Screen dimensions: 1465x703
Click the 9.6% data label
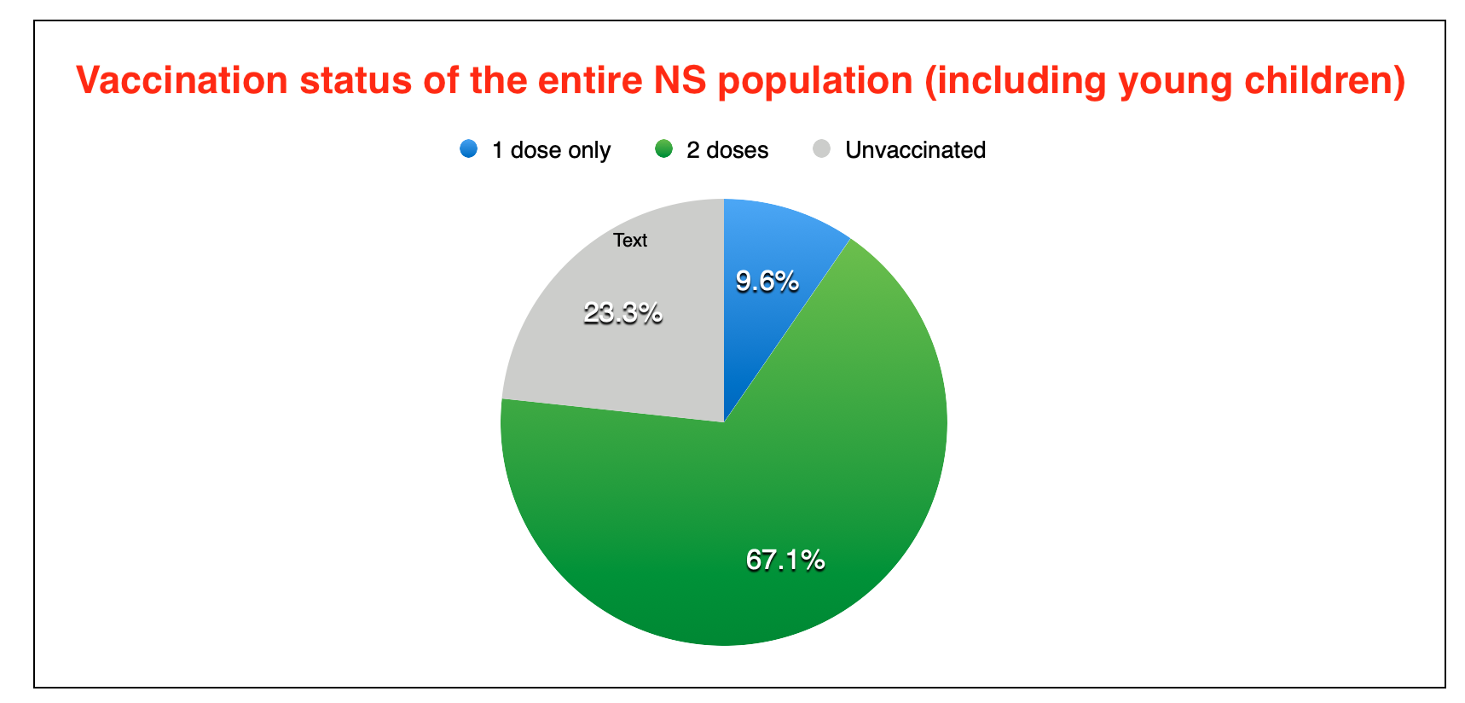point(767,281)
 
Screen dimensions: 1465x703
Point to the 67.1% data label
point(785,560)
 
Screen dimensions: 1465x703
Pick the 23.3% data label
point(623,313)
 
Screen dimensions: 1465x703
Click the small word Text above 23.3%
point(630,241)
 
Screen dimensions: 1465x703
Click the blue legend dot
point(468,149)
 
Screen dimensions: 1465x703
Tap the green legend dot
point(663,149)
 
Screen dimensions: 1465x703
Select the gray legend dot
point(822,149)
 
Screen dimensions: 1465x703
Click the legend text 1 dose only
point(551,150)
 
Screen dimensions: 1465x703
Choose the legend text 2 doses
point(727,150)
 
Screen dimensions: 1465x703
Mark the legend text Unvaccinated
point(915,150)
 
